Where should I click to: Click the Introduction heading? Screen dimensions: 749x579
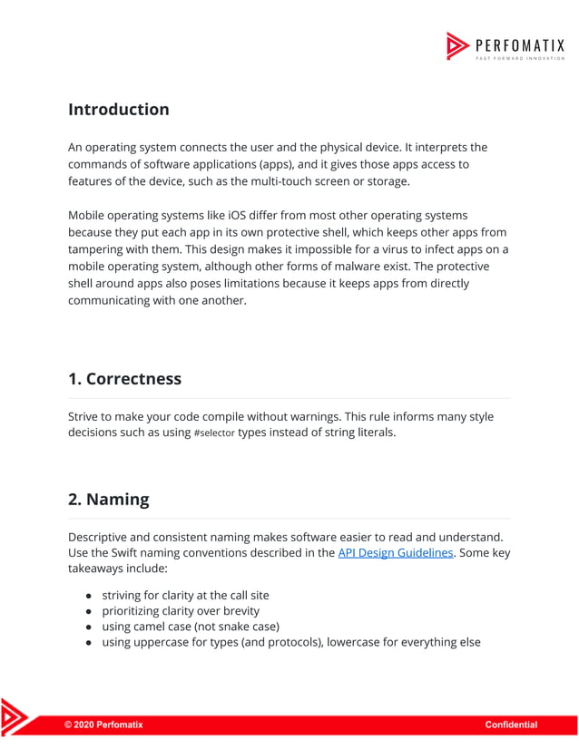click(118, 110)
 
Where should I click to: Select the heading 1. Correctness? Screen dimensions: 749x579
click(124, 379)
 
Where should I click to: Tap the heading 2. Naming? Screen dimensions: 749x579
click(108, 500)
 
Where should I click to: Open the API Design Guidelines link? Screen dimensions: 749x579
click(395, 552)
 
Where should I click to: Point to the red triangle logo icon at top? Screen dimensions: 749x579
click(457, 45)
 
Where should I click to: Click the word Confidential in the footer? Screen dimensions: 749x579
click(511, 725)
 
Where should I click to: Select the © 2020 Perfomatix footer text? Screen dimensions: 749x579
click(103, 725)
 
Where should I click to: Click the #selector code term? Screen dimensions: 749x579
click(214, 433)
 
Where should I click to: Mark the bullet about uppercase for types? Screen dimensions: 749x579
click(290, 642)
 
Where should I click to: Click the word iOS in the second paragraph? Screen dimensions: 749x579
click(231, 216)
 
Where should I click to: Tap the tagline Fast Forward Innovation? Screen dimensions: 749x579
click(520, 57)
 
